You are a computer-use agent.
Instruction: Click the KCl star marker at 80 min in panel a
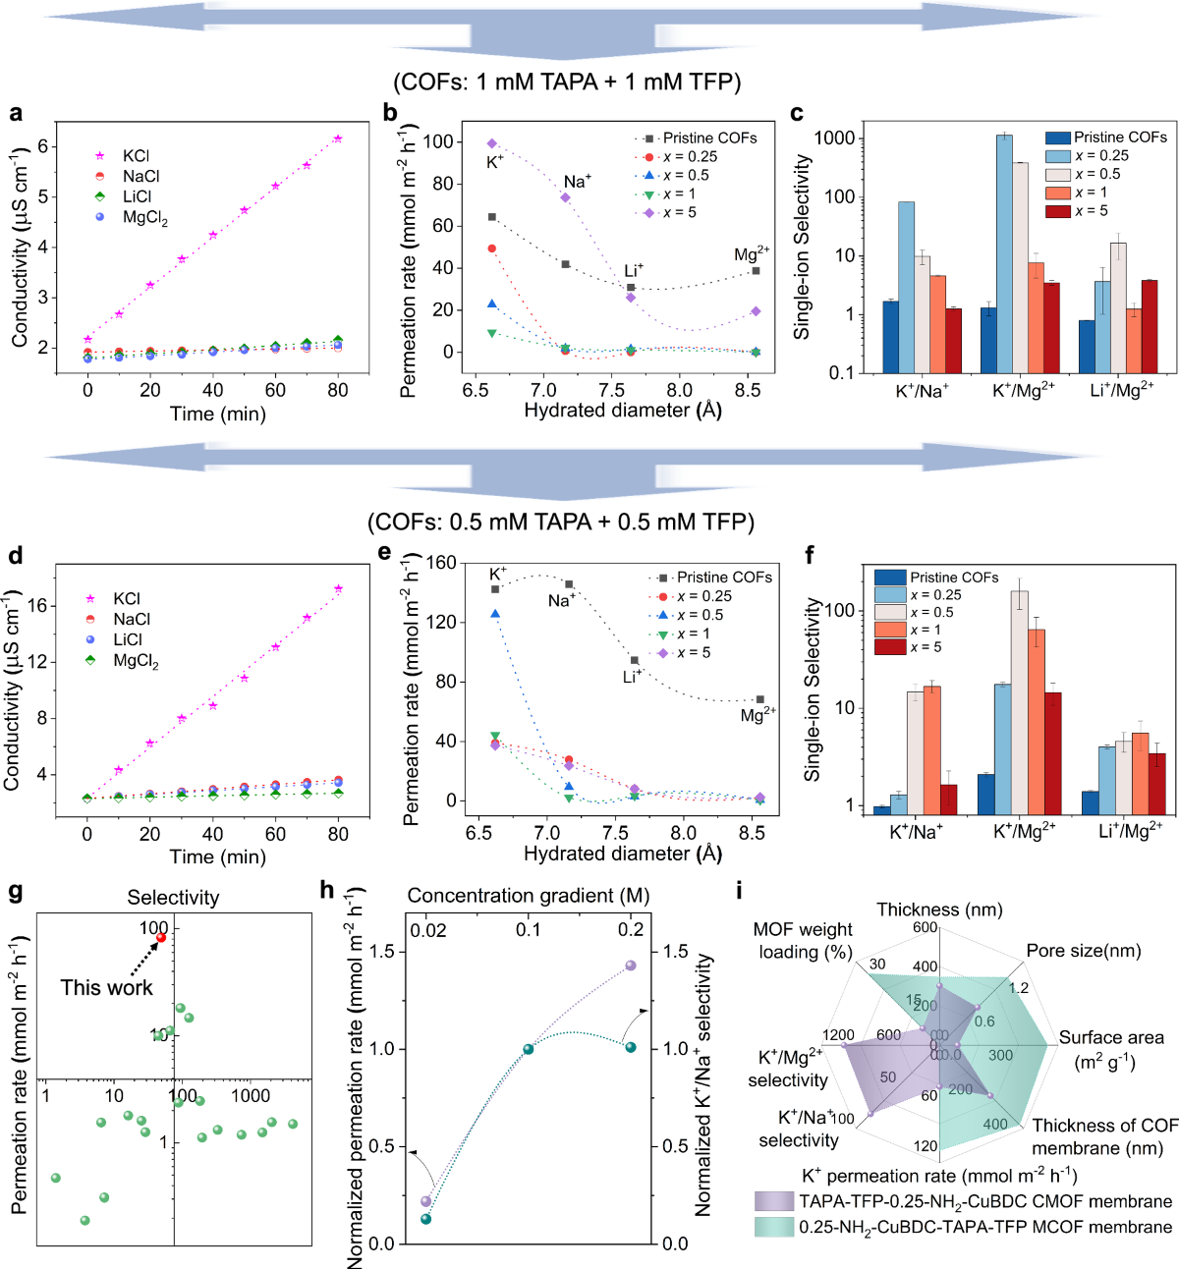tap(338, 139)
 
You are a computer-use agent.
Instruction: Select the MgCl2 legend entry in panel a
tap(143, 218)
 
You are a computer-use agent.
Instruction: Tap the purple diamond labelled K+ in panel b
tap(492, 143)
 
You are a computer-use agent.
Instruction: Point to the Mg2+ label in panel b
tap(752, 254)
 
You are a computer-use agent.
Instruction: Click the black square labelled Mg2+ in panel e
tap(760, 699)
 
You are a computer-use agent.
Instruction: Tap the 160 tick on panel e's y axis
tap(441, 563)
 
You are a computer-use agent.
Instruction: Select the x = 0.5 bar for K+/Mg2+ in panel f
tap(1020, 702)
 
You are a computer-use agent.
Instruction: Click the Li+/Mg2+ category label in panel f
tap(1130, 832)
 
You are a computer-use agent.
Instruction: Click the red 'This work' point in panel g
tap(161, 937)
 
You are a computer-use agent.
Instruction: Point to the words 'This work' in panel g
tap(106, 987)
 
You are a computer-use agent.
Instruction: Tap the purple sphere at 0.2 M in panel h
tap(631, 966)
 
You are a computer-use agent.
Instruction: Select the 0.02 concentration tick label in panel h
tap(427, 929)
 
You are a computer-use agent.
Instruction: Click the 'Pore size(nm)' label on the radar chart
tap(1083, 951)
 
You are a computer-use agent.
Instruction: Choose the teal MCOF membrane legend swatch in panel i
tap(773, 1227)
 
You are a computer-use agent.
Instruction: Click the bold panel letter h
tap(328, 890)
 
